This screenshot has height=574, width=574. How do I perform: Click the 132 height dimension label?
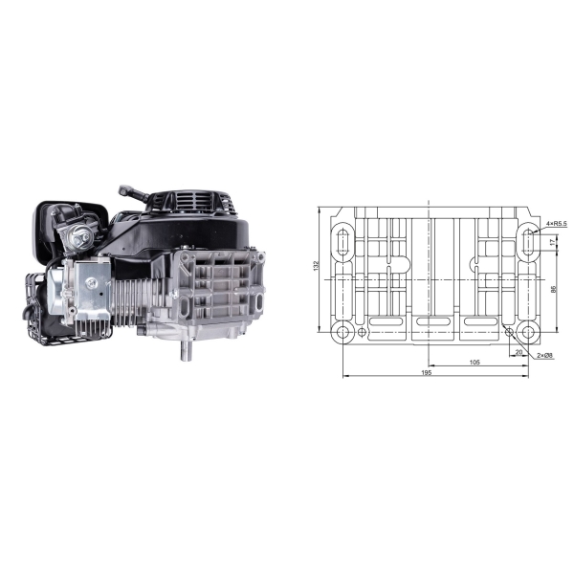click(317, 266)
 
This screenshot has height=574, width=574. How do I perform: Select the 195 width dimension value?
click(427, 373)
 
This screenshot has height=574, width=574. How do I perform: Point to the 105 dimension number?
click(475, 363)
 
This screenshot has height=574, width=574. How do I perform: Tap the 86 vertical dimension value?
click(554, 289)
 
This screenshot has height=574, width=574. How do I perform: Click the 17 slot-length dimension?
click(553, 242)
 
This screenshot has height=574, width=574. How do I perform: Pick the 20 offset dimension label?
click(519, 352)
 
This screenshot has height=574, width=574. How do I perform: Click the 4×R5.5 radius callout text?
click(557, 223)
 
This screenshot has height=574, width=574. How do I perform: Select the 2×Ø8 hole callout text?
click(545, 356)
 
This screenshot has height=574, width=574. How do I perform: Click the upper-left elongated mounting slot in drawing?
click(343, 242)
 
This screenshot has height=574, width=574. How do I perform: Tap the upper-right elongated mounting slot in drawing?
click(528, 242)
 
